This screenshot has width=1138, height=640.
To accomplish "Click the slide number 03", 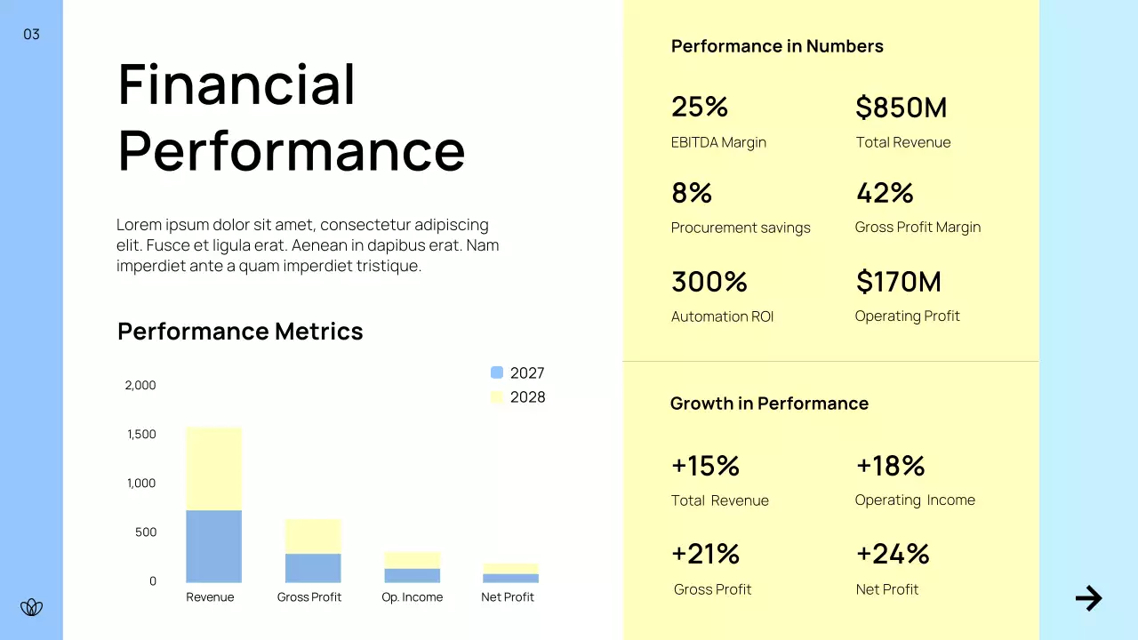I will click(31, 35).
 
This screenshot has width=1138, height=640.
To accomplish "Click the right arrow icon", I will click(1088, 598).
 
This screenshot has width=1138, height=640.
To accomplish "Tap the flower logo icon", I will click(31, 607).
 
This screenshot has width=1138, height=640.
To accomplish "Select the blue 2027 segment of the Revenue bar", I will click(213, 546).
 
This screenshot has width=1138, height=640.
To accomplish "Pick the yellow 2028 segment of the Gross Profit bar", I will click(312, 536).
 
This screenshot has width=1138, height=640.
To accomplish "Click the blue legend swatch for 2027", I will click(497, 372).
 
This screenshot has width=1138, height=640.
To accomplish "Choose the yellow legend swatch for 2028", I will click(497, 397).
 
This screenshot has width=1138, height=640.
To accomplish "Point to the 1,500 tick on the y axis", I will click(140, 435).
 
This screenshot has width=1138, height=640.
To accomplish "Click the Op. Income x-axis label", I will click(412, 597).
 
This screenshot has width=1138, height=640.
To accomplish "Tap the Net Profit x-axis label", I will click(507, 597).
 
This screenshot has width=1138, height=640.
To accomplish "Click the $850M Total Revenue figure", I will click(901, 108).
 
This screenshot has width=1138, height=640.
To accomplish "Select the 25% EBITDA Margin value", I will click(700, 107).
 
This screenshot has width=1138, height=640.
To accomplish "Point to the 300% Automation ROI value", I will click(709, 282).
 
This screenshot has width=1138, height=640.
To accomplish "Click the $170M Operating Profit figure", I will click(898, 282).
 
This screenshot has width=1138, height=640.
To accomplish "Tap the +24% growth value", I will click(892, 554).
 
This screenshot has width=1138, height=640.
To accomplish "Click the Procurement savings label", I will click(740, 228).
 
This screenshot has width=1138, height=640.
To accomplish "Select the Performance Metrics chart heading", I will click(240, 332).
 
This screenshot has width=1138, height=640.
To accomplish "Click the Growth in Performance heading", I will click(768, 404).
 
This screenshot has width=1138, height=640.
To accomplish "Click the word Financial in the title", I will click(236, 84).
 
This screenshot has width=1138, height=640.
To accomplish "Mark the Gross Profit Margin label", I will click(918, 228).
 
